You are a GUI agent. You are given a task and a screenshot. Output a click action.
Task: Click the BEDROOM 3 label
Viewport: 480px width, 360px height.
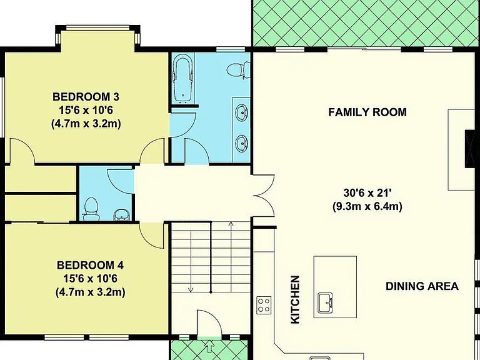click(86, 97)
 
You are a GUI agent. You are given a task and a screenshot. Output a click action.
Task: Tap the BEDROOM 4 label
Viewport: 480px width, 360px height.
click(90, 265)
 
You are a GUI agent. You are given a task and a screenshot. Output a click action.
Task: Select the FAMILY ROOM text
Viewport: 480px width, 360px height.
click(367, 112)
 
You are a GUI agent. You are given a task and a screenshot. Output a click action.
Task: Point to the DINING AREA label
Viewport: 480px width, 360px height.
click(422, 286)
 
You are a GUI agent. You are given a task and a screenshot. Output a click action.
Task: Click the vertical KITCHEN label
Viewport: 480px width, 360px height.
click(295, 300)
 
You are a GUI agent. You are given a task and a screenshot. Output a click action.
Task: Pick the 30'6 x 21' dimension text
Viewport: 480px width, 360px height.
click(367, 193)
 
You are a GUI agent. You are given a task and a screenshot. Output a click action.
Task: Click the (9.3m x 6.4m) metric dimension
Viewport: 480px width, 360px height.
click(367, 206)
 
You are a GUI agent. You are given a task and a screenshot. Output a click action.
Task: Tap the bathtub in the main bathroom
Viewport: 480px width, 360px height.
click(183, 77)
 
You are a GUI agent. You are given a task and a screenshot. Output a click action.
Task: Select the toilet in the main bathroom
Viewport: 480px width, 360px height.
click(238, 70)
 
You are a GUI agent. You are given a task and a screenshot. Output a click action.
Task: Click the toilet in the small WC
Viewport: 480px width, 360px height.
click(91, 209)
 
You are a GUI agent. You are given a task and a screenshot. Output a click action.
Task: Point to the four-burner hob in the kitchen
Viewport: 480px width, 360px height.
click(264, 305)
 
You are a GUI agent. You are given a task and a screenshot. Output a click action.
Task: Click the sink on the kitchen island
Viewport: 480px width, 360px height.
click(326, 303)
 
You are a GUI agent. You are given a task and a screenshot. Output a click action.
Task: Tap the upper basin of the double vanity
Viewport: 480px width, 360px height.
click(242, 112)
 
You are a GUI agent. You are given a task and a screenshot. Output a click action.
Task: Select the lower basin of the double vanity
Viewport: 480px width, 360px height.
click(242, 143)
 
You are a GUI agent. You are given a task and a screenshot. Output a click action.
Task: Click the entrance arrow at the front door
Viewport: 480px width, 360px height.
click(210, 346)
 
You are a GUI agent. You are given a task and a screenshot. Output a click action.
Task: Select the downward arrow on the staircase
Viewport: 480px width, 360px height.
click(191, 262)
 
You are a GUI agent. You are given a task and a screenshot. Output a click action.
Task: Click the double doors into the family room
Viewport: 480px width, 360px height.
click(264, 195)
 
